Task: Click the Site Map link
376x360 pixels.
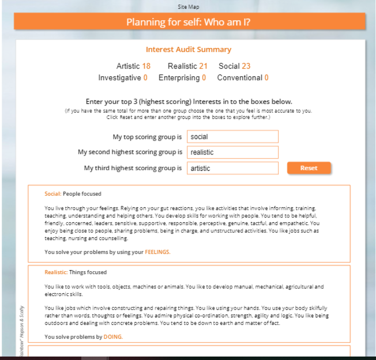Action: pos(188,7)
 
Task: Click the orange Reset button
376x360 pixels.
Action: pos(309,168)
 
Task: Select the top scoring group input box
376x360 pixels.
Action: pos(232,137)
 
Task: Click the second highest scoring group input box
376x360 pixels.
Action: pos(232,152)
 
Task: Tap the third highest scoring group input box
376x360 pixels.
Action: pos(232,168)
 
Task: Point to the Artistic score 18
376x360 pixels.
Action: pos(146,66)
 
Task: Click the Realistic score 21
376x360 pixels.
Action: pos(204,66)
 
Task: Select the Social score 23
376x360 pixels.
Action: pos(246,66)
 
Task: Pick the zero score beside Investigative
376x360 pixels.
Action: pos(145,78)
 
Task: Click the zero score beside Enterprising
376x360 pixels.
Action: pos(204,78)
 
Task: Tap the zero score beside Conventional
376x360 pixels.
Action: pos(266,78)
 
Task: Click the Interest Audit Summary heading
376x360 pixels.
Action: pos(189,50)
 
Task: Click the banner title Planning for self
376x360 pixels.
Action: pos(189,22)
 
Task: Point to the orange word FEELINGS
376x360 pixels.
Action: pos(157,252)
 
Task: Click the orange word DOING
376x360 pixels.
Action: pos(113,337)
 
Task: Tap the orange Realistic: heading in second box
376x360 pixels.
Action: pos(56,272)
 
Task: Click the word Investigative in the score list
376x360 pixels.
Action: pos(119,78)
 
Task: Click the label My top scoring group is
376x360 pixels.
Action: pos(147,137)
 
